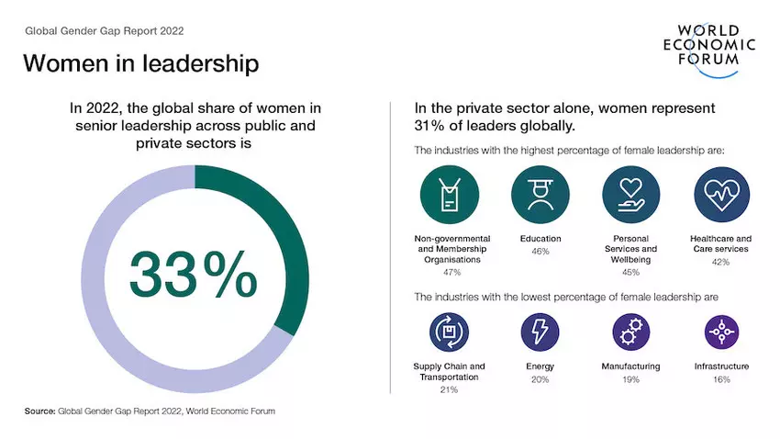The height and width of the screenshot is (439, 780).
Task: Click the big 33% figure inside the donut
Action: point(194,272)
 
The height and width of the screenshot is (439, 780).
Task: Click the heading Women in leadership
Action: point(140,63)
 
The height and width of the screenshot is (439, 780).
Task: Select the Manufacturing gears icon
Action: point(630,332)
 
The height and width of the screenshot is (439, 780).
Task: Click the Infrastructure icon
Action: point(721,332)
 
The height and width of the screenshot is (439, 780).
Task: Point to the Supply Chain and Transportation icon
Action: point(449,332)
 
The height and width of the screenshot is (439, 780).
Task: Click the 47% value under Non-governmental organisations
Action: point(449,273)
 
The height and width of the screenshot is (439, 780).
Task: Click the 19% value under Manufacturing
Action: point(630,379)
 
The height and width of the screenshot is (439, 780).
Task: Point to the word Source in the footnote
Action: point(39,411)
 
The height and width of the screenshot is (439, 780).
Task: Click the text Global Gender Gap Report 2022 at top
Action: point(104,30)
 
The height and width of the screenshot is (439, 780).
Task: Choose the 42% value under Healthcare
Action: point(721,262)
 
